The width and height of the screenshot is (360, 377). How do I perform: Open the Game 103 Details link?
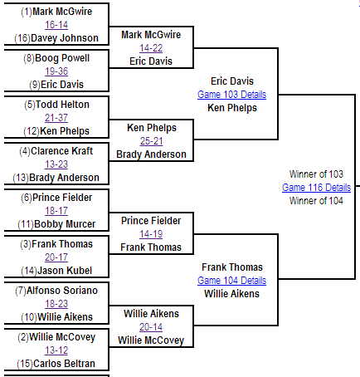231,95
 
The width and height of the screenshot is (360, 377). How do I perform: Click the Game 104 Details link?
231,281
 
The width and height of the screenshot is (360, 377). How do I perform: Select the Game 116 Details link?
316,188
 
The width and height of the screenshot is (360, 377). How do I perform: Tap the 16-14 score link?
56,25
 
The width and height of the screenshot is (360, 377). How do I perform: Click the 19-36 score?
56,71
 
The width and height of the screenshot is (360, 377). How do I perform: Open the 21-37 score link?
56,118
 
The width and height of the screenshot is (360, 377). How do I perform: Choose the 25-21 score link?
151,141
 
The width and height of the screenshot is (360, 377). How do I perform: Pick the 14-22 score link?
151,48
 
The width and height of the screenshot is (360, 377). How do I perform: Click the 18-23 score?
56,304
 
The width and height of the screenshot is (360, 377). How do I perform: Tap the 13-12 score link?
56,350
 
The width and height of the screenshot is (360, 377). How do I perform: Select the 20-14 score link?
151,327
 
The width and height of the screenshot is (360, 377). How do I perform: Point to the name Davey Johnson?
65,38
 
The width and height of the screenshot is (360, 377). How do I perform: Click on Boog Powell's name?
62,58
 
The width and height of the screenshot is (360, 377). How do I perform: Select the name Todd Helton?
62,105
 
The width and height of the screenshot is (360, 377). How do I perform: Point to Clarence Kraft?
61,151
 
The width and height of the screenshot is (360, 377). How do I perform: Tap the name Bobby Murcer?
65,224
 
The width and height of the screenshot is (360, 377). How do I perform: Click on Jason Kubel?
65,271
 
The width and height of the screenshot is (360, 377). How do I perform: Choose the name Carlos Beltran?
64,364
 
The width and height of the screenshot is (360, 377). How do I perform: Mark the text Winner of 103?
316,174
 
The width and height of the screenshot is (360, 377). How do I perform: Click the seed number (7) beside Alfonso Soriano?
21,291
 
